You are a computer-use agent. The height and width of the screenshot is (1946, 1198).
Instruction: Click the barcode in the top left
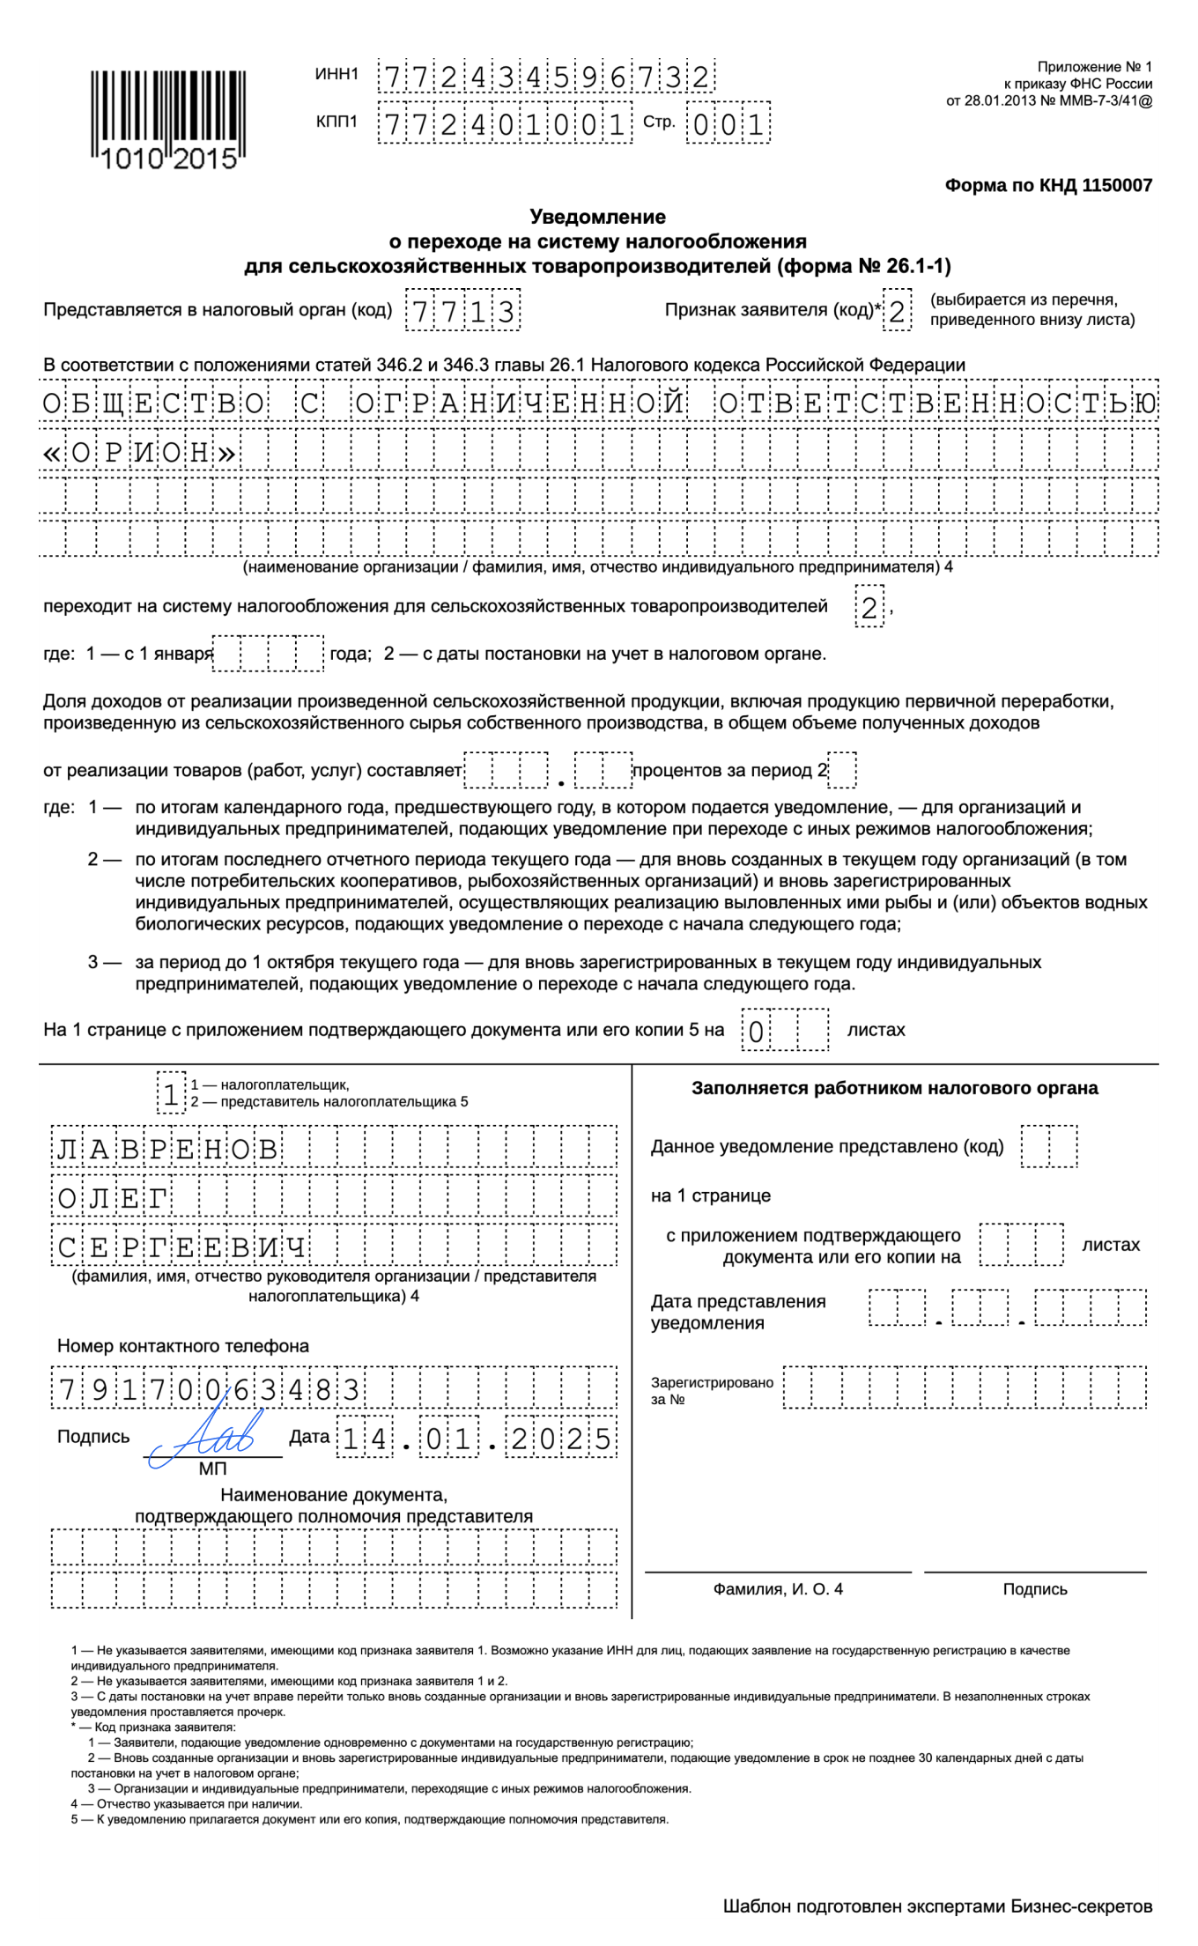[x=167, y=119]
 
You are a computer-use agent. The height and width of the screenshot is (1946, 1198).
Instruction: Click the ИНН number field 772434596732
[x=546, y=78]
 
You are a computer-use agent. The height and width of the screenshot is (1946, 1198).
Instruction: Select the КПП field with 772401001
[x=504, y=124]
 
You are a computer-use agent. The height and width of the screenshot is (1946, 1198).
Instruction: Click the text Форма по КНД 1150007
[x=1048, y=185]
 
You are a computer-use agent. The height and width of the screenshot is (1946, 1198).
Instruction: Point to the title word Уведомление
[x=597, y=217]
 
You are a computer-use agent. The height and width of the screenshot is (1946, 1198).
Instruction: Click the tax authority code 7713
[x=462, y=311]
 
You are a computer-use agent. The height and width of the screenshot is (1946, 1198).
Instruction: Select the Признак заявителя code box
[x=897, y=311]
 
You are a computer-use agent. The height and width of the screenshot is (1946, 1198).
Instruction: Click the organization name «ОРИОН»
[x=141, y=453]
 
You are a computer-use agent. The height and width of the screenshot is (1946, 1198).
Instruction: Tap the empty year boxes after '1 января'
[x=269, y=654]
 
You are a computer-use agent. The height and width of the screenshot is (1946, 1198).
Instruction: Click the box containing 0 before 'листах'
[x=756, y=1031]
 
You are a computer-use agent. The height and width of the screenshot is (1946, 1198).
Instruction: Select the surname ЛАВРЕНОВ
[x=167, y=1149]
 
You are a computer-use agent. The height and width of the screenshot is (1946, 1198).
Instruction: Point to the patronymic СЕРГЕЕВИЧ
[x=181, y=1247]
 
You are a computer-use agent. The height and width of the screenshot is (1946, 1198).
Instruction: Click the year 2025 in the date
[x=561, y=1439]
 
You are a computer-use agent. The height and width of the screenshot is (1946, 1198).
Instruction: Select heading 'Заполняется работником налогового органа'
[x=894, y=1088]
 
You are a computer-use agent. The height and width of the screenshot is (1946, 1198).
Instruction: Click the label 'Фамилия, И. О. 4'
[x=778, y=1589]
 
